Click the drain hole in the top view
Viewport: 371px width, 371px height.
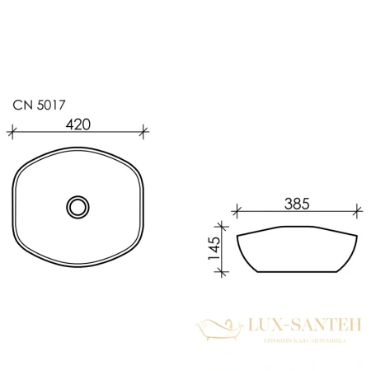click(x=78, y=205)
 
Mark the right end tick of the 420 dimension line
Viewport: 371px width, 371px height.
click(x=144, y=130)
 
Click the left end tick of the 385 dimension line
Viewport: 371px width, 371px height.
click(x=236, y=210)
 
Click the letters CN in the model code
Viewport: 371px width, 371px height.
click(x=19, y=105)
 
